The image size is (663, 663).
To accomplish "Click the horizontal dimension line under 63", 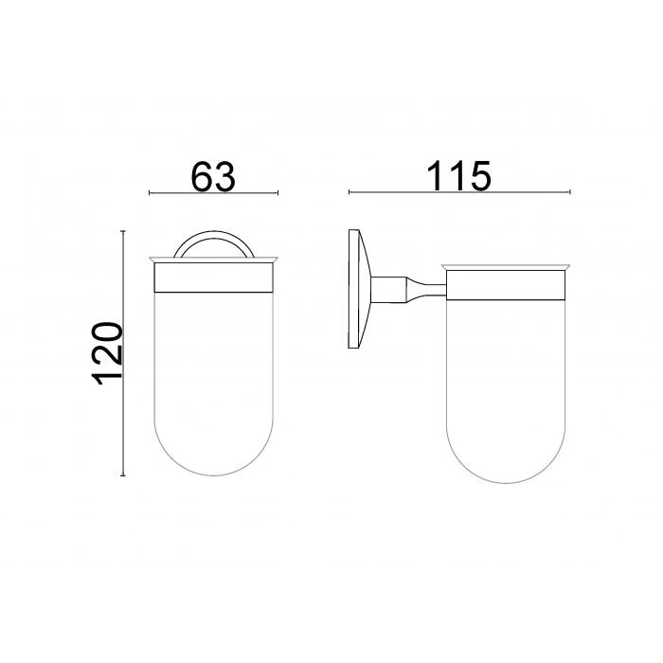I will click(214, 193).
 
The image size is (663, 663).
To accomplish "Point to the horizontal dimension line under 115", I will click(460, 192).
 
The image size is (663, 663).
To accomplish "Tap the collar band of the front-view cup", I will click(213, 279).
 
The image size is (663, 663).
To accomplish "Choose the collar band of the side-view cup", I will click(506, 285).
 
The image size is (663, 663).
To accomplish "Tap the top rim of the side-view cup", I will click(506, 264).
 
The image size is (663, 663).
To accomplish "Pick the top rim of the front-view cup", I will click(213, 260).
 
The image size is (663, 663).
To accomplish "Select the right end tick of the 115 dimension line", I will click(572, 192).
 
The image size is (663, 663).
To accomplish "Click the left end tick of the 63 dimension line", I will click(150, 193).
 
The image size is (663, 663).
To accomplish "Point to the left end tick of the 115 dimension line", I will click(349, 192).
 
